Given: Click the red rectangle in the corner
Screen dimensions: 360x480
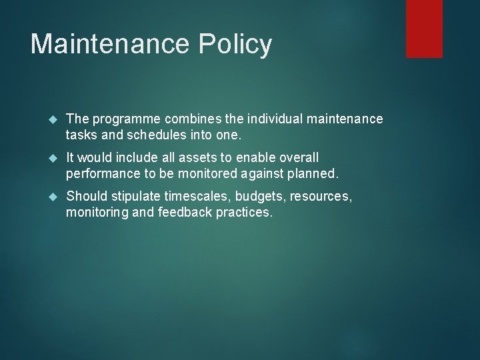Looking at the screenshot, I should point(424,28).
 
